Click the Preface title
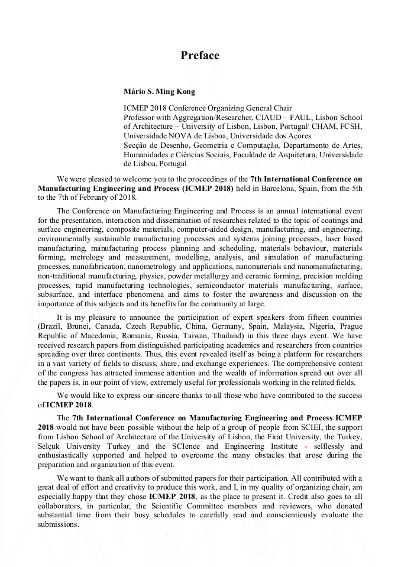coord(200,56)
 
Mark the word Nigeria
coord(318,326)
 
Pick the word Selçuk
coord(51,446)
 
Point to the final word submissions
coord(58,524)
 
